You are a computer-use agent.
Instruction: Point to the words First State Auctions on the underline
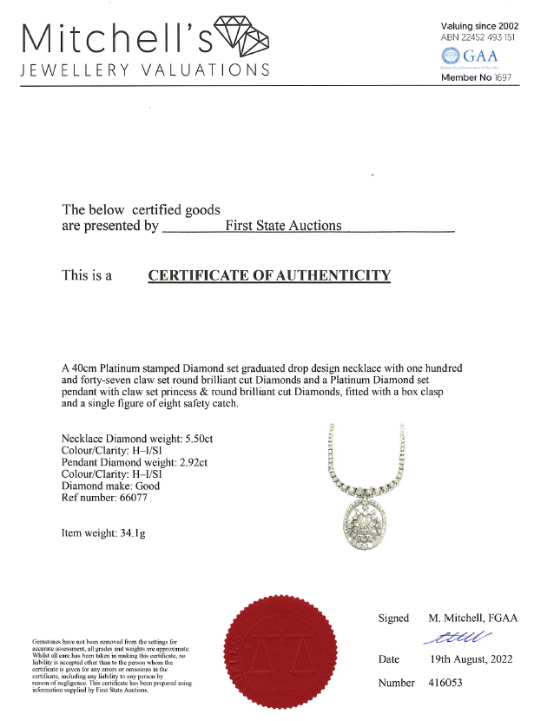point(283,226)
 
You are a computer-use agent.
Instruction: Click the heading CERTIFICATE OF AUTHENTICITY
point(269,276)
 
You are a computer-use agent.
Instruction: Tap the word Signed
point(393,618)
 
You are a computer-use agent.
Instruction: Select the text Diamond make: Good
point(111,486)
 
